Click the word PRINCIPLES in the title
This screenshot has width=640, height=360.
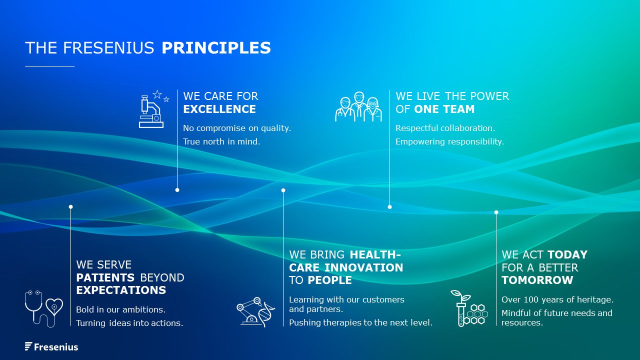click(x=216, y=47)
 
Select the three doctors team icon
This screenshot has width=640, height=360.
click(x=358, y=106)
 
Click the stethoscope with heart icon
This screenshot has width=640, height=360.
click(x=43, y=308)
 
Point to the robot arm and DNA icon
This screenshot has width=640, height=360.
click(x=255, y=311)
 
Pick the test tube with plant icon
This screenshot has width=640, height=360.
click(x=469, y=308)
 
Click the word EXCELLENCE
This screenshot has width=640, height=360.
click(x=219, y=109)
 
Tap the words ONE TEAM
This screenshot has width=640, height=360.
click(x=444, y=109)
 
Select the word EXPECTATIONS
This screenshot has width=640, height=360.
click(x=121, y=290)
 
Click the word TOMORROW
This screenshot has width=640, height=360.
click(x=537, y=280)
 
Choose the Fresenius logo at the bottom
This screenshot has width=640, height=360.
click(x=51, y=347)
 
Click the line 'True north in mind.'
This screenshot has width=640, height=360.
click(x=221, y=141)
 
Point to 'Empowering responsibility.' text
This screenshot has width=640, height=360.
click(x=449, y=141)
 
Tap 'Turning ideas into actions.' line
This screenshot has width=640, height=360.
click(x=129, y=323)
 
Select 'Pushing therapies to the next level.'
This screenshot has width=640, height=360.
click(x=360, y=322)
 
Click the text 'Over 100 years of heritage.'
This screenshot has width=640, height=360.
click(x=557, y=299)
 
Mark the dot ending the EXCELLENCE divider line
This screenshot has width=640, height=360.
click(x=177, y=190)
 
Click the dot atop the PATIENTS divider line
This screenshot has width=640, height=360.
click(x=71, y=207)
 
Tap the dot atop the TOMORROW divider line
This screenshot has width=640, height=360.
click(x=496, y=212)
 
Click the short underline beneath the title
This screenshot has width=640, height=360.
click(x=49, y=66)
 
